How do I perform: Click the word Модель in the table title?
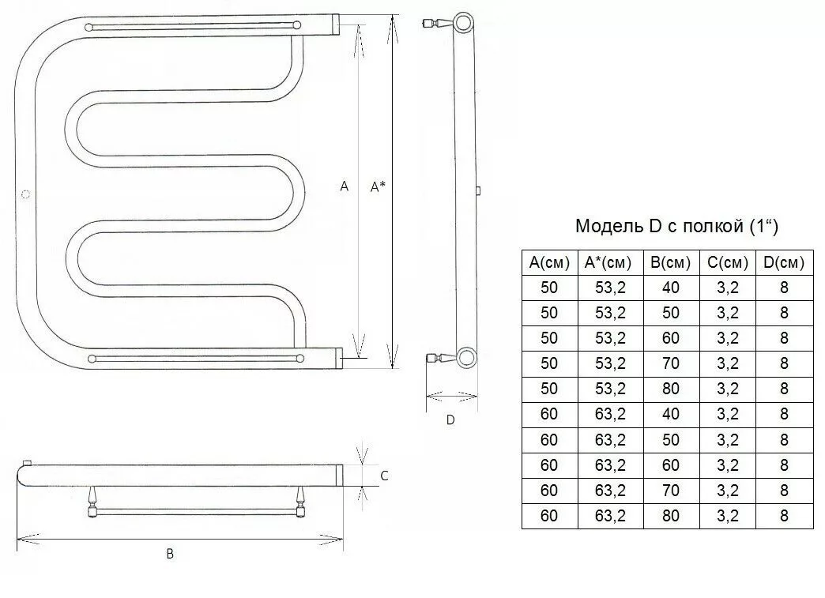pyautogui.click(x=610, y=228)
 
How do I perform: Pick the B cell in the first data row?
pyautogui.click(x=671, y=288)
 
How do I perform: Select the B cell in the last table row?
pyautogui.click(x=671, y=517)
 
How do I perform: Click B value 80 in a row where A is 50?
pyautogui.click(x=671, y=389)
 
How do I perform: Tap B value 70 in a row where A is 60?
pyautogui.click(x=671, y=491)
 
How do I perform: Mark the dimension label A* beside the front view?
pyautogui.click(x=378, y=186)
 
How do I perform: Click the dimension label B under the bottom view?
pyautogui.click(x=170, y=555)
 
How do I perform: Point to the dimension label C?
pyautogui.click(x=383, y=476)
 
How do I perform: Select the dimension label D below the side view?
pyautogui.click(x=450, y=420)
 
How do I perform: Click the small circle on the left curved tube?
pyautogui.click(x=26, y=194)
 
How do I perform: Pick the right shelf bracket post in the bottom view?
pyautogui.click(x=301, y=501)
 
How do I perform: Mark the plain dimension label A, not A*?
pyautogui.click(x=344, y=186)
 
